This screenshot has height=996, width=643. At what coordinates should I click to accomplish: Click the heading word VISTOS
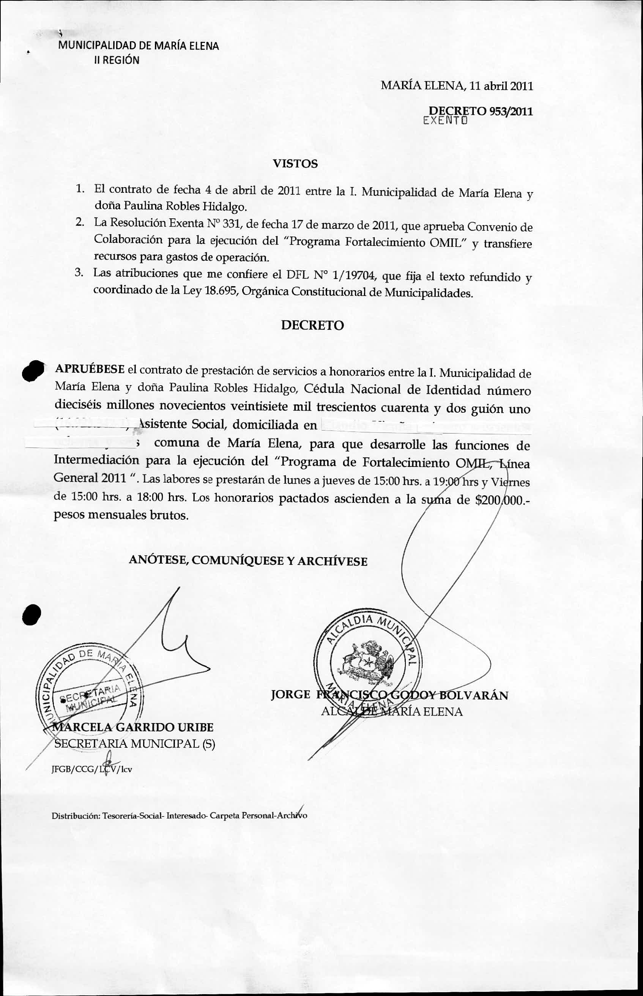point(295,164)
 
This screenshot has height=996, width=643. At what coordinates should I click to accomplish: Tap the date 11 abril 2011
point(501,86)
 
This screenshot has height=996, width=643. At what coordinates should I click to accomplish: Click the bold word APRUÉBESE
point(90,369)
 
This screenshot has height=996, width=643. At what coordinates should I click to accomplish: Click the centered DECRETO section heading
point(312,325)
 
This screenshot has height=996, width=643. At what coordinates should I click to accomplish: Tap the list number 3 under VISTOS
point(79,273)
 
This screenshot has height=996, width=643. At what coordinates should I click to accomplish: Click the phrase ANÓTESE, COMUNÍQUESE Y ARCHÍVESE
point(248,561)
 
